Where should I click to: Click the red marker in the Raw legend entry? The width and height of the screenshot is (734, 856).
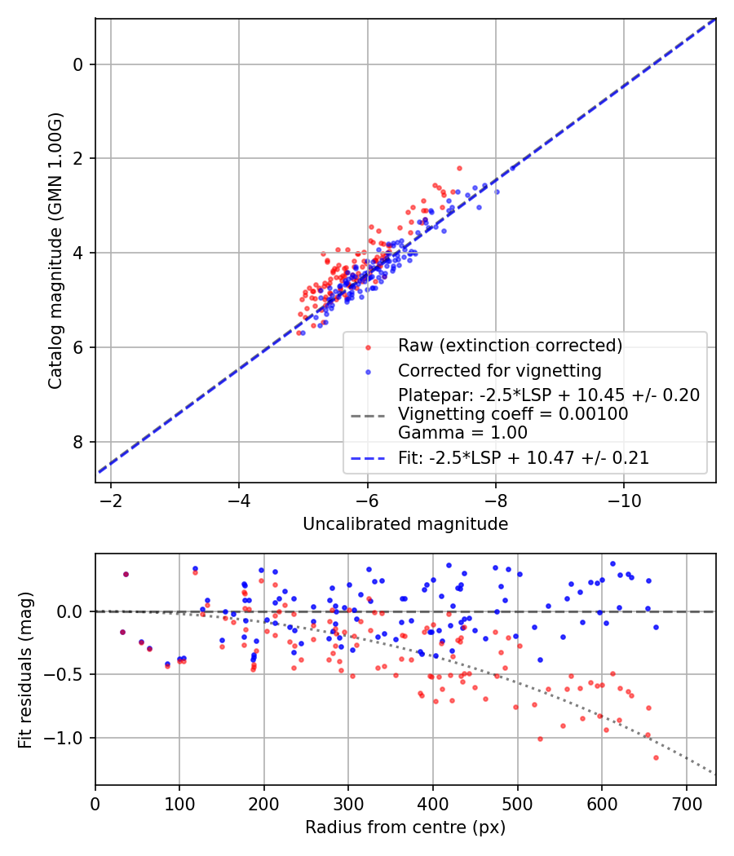368,346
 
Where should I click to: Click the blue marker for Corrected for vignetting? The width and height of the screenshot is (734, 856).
368,372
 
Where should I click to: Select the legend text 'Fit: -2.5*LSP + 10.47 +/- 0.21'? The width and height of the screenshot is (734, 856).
524,458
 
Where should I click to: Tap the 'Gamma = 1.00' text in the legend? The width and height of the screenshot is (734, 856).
462,433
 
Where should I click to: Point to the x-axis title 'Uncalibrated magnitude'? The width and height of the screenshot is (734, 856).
405,524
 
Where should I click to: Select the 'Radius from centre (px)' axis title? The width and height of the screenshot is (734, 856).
405,827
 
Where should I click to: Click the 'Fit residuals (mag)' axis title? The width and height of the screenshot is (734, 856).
25,669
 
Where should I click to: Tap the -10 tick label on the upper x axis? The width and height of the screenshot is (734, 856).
624,500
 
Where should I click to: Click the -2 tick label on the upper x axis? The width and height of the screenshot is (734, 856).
110,500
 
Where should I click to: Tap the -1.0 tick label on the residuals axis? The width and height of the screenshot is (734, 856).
69,738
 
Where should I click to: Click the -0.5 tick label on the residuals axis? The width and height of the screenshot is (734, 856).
69,674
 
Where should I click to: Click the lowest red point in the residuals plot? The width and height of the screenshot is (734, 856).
656,757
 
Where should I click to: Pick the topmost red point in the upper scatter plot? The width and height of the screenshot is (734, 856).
459,168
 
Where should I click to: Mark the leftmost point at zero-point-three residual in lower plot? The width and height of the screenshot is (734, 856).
126,574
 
